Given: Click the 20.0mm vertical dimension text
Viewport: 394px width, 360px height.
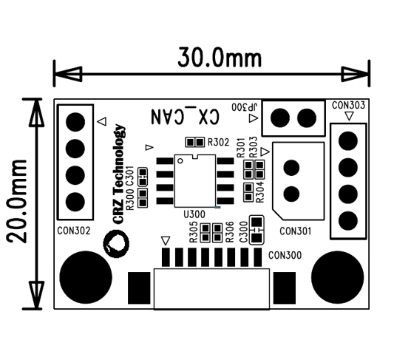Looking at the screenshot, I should pyautogui.click(x=16, y=200).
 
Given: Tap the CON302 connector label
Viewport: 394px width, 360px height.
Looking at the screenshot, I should pyautogui.click(x=74, y=230).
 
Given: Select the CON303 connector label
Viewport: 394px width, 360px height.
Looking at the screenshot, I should pyautogui.click(x=348, y=106).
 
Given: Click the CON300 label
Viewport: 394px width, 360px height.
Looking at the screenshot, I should pyautogui.click(x=286, y=255).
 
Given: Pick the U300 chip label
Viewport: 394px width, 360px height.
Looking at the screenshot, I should pyautogui.click(x=194, y=213).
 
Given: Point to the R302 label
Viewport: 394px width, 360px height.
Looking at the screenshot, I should pyautogui.click(x=218, y=142).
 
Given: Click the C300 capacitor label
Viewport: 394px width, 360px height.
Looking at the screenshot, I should pyautogui.click(x=244, y=232).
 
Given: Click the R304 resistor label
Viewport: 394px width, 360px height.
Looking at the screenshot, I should pyautogui.click(x=259, y=191).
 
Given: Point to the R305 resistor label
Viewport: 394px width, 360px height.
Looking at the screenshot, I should pyautogui.click(x=194, y=233).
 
